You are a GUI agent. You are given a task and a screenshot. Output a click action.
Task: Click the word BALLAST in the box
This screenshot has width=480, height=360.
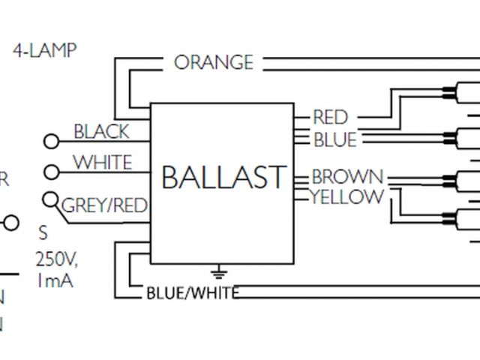pos(223,178)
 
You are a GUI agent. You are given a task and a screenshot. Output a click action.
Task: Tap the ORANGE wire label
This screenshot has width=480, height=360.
pos(214,62)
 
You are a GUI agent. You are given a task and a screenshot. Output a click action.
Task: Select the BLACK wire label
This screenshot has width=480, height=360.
pos(101,132)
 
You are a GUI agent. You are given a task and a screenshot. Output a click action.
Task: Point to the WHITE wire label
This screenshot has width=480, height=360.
pos(102,163)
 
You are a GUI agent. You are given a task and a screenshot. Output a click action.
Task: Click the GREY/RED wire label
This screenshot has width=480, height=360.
pos(103,205)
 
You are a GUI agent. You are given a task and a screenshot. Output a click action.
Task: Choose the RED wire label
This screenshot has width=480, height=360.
pos(330,117)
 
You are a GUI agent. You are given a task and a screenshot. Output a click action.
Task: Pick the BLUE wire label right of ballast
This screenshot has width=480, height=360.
pos(334,139)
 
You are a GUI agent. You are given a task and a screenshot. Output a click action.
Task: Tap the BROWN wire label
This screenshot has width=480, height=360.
pos(347,178)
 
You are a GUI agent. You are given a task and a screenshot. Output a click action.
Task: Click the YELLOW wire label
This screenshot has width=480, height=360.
pos(347,197)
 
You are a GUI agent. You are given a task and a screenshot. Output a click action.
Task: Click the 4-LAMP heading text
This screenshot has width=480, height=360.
pos(45,51)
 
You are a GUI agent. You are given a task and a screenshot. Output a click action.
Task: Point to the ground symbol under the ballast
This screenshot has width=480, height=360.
pos(220,271)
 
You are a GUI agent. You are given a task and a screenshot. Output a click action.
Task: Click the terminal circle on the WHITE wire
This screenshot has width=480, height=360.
pos(52,172)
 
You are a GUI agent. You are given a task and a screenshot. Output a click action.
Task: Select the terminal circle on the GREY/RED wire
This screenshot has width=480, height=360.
pos(51,200)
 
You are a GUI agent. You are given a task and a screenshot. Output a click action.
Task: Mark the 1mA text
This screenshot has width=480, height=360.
pos(54,281)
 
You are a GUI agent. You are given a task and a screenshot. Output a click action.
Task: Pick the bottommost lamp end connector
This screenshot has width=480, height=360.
pos(451,219)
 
